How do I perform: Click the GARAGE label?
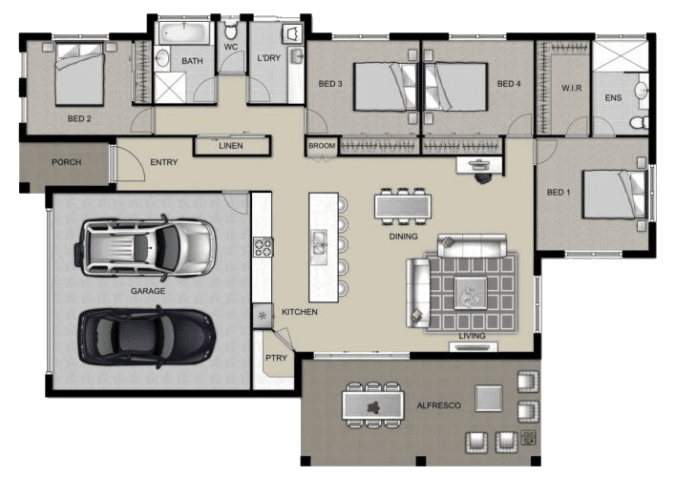(148, 291)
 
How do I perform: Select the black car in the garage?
(146, 337)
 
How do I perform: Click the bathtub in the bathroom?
(184, 32)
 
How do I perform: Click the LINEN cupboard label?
(231, 146)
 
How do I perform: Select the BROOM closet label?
(322, 146)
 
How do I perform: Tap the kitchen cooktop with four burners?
(263, 247)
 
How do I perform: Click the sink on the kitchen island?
(319, 242)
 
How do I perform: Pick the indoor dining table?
(403, 206)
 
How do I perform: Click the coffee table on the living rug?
(471, 293)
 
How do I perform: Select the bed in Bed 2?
(79, 73)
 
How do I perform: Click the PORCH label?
(66, 162)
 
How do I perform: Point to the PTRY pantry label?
(276, 358)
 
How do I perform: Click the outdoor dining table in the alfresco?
(372, 405)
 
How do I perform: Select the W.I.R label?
(571, 88)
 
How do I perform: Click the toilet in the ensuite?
(640, 122)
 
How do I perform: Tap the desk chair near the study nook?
(482, 176)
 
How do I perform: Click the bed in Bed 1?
(614, 195)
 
